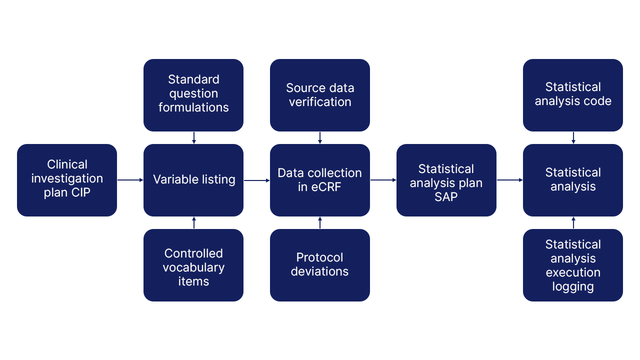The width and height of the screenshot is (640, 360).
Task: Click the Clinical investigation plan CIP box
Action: click(x=67, y=180)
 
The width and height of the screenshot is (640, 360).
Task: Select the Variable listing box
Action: click(x=193, y=180)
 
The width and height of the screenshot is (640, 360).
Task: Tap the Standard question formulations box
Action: click(x=193, y=95)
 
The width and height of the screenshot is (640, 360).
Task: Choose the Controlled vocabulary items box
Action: click(x=193, y=265)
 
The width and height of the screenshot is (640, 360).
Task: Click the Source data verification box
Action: click(x=320, y=95)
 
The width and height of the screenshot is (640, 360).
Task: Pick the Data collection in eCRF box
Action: click(x=320, y=180)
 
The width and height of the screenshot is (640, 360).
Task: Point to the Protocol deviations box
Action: click(x=320, y=265)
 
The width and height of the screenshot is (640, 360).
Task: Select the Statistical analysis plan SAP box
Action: click(x=446, y=180)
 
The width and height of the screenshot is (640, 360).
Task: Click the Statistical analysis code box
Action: click(x=573, y=95)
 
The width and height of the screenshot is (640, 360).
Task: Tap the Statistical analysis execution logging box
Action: click(x=573, y=265)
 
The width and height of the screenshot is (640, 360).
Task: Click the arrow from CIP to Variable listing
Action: click(x=130, y=180)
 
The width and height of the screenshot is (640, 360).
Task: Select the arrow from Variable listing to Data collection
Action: click(x=256, y=180)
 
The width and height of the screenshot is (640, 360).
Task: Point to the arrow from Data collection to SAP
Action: click(x=383, y=180)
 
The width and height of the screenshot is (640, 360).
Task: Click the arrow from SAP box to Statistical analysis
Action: click(x=509, y=180)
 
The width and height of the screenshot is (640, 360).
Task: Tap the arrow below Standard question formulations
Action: click(x=194, y=137)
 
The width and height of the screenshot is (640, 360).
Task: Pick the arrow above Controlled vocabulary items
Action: click(x=194, y=223)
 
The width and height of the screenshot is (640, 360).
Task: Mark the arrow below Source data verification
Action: click(x=320, y=137)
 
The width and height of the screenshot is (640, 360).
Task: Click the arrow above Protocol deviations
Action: click(x=320, y=223)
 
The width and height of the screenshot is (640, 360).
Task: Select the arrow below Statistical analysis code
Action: click(x=573, y=137)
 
